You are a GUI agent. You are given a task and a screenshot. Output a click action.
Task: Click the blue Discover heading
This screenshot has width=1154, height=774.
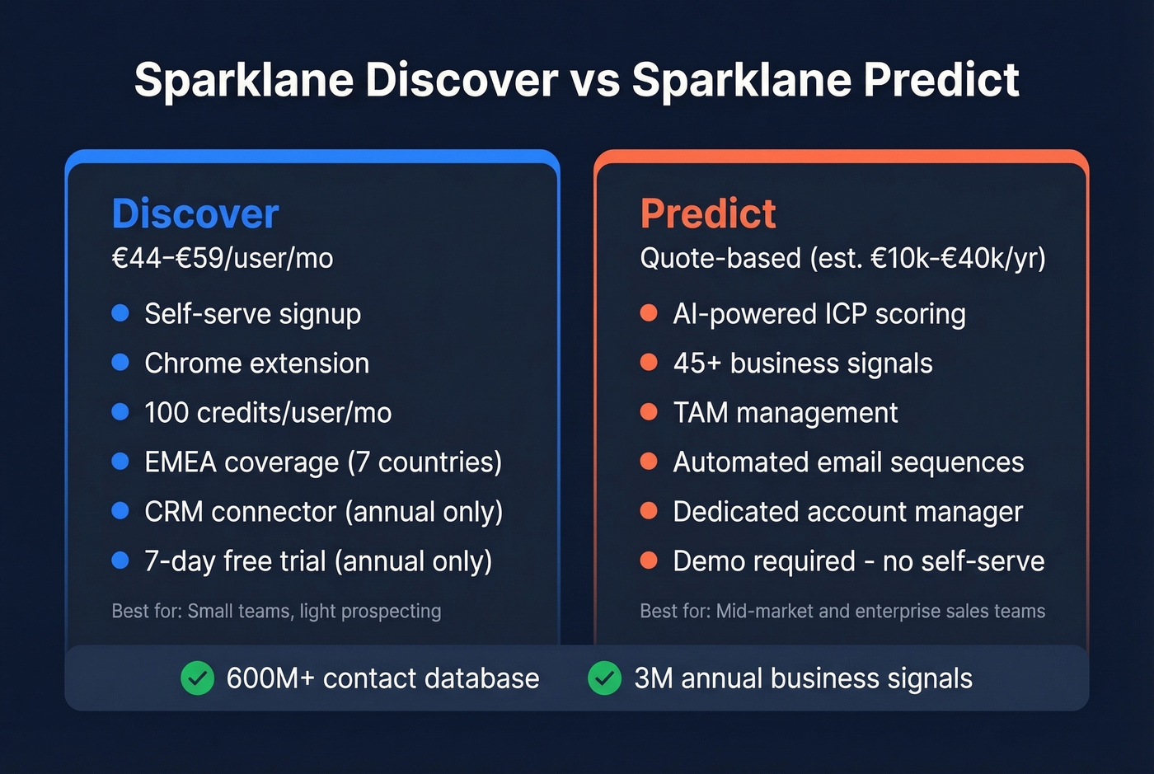pyautogui.click(x=195, y=214)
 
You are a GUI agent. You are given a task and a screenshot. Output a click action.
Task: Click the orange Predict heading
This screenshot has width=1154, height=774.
pyautogui.click(x=708, y=214)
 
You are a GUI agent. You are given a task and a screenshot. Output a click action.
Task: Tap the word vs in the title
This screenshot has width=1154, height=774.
pyautogui.click(x=594, y=81)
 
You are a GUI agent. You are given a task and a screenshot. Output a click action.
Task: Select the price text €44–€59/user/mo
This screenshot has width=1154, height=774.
pyautogui.click(x=223, y=259)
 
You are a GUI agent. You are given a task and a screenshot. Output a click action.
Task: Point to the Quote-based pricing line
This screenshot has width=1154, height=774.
pyautogui.click(x=842, y=259)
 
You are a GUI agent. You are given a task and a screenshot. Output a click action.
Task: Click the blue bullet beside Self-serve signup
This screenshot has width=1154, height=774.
pyautogui.click(x=120, y=313)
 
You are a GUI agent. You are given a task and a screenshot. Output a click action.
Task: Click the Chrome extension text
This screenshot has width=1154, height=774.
pyautogui.click(x=256, y=364)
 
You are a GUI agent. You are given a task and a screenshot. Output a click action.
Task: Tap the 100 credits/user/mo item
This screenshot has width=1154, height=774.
pyautogui.click(x=268, y=413)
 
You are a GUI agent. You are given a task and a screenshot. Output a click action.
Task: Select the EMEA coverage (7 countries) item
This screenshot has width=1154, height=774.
pyautogui.click(x=323, y=462)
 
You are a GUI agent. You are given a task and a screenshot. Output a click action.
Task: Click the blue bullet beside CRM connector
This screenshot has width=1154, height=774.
pyautogui.click(x=120, y=511)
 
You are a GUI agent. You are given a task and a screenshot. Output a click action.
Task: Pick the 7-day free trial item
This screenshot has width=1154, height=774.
pyautogui.click(x=318, y=561)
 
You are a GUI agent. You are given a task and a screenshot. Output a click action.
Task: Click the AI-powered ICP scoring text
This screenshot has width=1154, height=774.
pyautogui.click(x=819, y=314)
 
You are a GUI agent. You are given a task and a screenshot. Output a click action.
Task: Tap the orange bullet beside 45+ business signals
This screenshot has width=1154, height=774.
pyautogui.click(x=649, y=363)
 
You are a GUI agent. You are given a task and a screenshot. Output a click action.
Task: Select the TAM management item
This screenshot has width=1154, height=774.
pyautogui.click(x=785, y=413)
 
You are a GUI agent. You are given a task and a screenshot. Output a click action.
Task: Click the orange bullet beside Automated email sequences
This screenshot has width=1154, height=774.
pyautogui.click(x=649, y=462)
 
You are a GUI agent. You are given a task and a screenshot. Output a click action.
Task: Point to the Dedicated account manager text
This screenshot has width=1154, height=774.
pyautogui.click(x=847, y=512)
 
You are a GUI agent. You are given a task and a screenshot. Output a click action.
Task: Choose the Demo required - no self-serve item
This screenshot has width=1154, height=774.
pyautogui.click(x=858, y=561)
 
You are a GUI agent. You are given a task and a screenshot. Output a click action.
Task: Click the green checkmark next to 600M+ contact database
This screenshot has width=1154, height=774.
pyautogui.click(x=197, y=678)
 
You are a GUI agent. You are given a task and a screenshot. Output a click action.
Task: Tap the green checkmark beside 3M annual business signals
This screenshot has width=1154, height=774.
pyautogui.click(x=604, y=678)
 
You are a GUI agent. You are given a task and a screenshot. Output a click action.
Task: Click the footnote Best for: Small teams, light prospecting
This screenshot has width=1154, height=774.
pyautogui.click(x=276, y=612)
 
